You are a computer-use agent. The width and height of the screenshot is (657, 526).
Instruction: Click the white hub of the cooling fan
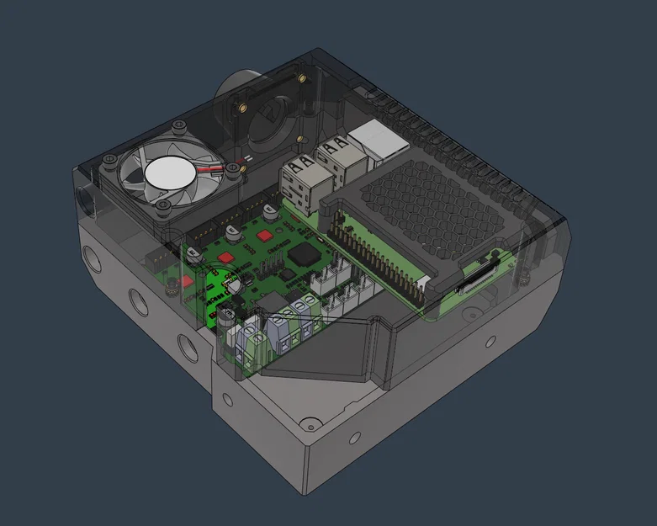tap(172, 175)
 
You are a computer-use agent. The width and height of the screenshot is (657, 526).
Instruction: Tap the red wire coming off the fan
tap(221, 166)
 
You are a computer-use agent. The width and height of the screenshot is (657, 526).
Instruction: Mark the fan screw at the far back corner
tap(179, 127)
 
